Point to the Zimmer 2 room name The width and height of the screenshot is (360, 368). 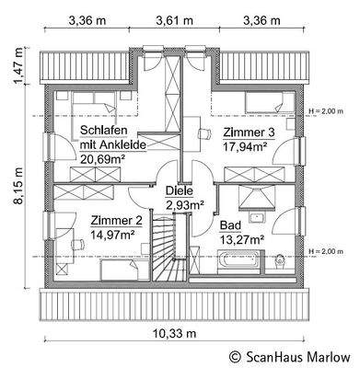[x=116, y=220]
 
